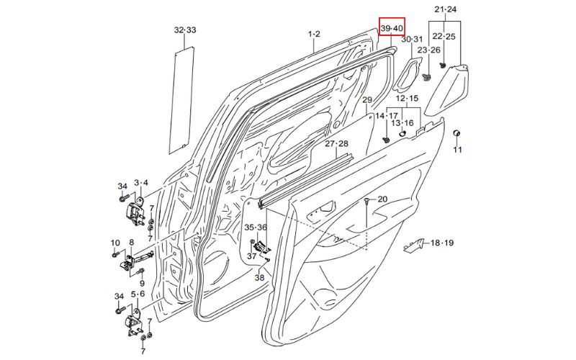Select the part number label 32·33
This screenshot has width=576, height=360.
point(184,30)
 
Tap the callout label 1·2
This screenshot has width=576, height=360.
point(314,34)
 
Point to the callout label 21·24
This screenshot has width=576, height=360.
point(446,9)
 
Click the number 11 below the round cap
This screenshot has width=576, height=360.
point(457,150)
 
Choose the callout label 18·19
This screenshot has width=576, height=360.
point(442,243)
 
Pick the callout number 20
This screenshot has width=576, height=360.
point(382,199)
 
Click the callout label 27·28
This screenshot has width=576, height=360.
point(336,144)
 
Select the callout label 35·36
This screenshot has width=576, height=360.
point(255,227)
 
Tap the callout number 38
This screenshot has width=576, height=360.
point(259,277)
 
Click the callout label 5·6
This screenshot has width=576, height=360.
point(138,294)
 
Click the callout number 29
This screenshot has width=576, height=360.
point(366,100)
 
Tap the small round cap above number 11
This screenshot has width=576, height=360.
point(456,134)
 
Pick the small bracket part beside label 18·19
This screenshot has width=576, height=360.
point(413,246)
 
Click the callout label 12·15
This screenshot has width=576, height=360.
point(408,98)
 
